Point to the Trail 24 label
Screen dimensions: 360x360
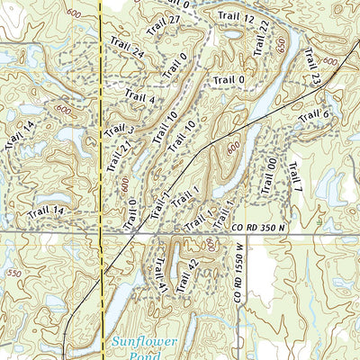(x=127, y=49)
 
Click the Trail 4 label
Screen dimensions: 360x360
(x=140, y=97)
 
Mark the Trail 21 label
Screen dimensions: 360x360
(x=112, y=157)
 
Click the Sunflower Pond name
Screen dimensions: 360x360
(x=142, y=348)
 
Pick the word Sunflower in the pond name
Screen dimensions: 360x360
(x=142, y=341)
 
